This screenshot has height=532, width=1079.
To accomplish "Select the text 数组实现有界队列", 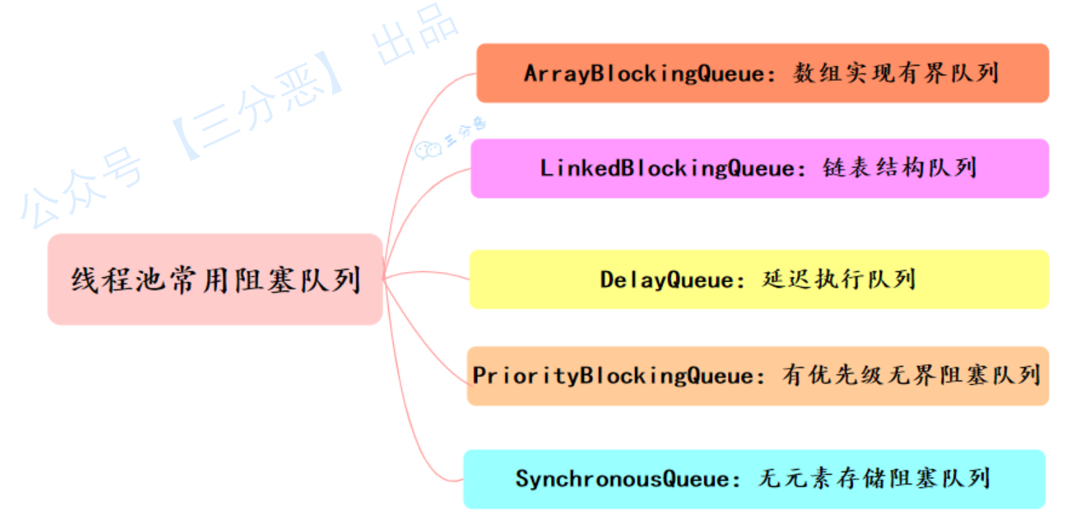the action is [x=896, y=73].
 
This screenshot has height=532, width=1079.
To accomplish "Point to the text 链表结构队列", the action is [x=899, y=168].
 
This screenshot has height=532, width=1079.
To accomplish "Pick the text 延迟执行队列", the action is [x=839, y=280].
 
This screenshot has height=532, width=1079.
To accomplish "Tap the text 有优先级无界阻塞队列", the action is [x=911, y=375].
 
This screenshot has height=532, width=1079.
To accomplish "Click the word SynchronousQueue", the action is [x=623, y=479].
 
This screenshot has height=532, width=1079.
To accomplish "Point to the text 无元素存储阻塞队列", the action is [x=874, y=478].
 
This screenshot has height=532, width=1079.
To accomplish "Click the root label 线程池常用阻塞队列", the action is [x=216, y=280].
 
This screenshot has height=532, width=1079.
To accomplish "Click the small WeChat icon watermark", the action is [x=428, y=150].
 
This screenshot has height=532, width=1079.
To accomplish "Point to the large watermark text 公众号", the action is [x=82, y=189].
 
